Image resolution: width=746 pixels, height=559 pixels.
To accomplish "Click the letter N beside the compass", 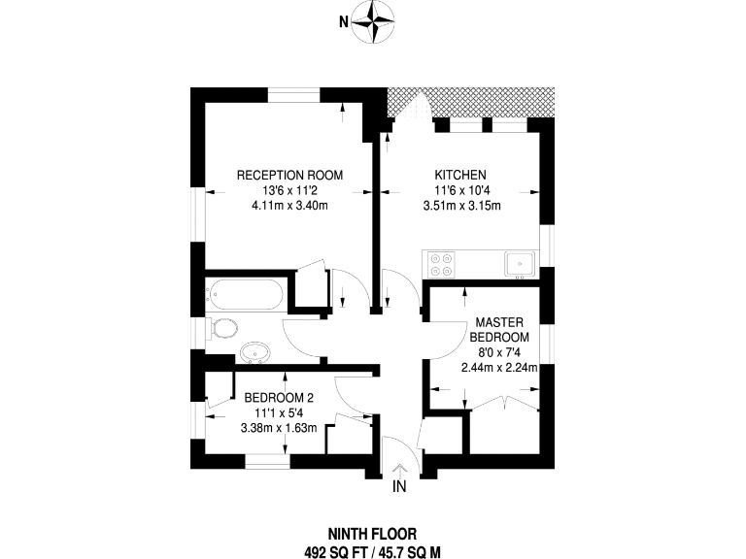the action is pyautogui.click(x=344, y=22).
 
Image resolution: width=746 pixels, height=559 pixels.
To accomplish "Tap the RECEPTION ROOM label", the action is pyautogui.click(x=289, y=175).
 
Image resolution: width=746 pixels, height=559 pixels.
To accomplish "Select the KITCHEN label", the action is pyautogui.click(x=460, y=175).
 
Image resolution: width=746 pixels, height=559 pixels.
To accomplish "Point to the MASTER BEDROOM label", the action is pyautogui.click(x=499, y=330).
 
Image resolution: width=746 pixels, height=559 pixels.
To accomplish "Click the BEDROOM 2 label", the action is pyautogui.click(x=279, y=397).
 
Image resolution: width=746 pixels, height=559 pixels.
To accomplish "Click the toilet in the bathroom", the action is pyautogui.click(x=223, y=328).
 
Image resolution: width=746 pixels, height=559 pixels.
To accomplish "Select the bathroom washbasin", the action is pyautogui.click(x=256, y=352).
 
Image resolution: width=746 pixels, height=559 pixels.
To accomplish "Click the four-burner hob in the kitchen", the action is pyautogui.click(x=440, y=265).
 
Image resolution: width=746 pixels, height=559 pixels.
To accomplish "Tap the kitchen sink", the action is pyautogui.click(x=520, y=264).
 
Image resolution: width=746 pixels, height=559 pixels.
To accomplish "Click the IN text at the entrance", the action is pyautogui.click(x=399, y=486).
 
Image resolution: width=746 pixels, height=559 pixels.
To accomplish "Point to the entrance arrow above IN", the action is pyautogui.click(x=399, y=470).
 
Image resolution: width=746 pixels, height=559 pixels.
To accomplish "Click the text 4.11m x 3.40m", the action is pyautogui.click(x=289, y=206).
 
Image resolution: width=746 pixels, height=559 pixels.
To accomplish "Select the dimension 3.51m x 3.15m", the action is pyautogui.click(x=462, y=206).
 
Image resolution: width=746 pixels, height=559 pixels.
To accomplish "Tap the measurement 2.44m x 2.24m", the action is pyautogui.click(x=499, y=368).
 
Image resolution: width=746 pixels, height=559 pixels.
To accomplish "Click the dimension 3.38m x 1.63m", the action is pyautogui.click(x=279, y=428).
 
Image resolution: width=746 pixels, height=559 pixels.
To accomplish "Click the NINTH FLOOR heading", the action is pyautogui.click(x=373, y=535).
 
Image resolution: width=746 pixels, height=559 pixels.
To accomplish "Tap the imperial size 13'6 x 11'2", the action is pyautogui.click(x=289, y=190).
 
